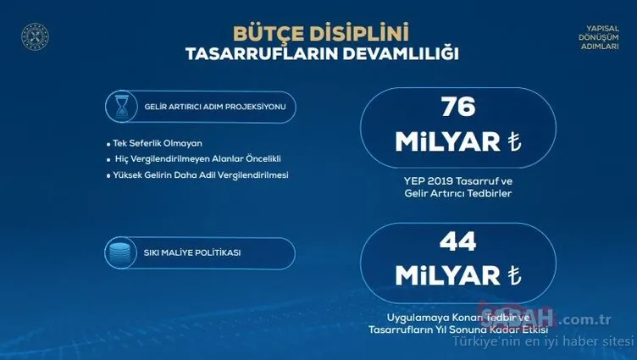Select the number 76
click(457, 108)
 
